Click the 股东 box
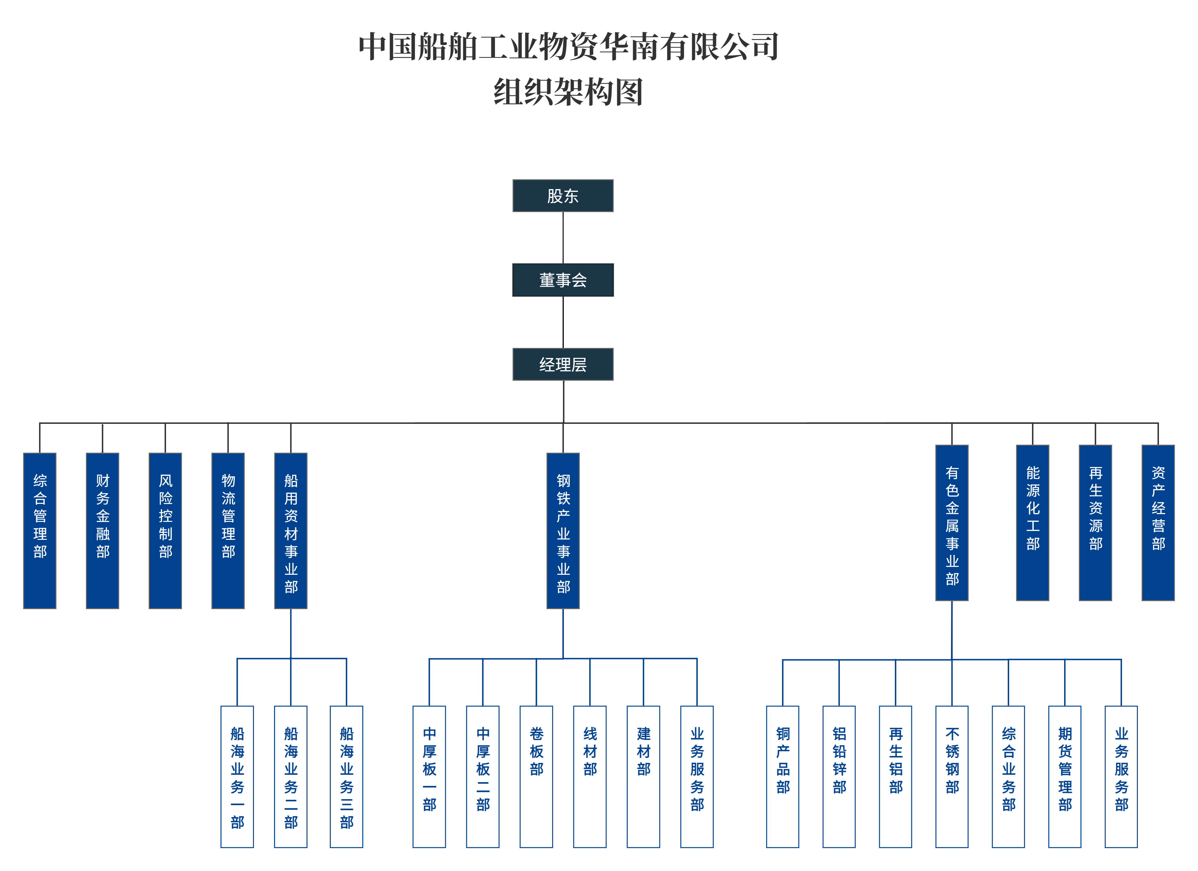click(x=563, y=196)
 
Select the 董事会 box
click(x=563, y=280)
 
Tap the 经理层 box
click(x=563, y=364)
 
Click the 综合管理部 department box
click(x=40, y=531)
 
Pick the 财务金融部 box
click(x=102, y=531)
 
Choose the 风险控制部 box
click(x=165, y=531)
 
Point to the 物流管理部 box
click(x=228, y=531)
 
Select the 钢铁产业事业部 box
click(x=563, y=531)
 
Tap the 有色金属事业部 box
click(x=952, y=523)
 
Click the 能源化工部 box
click(x=1033, y=523)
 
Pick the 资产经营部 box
click(x=1158, y=523)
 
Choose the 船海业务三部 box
click(x=347, y=777)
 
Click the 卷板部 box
click(x=536, y=777)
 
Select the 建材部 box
click(x=643, y=777)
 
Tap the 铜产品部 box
click(x=783, y=777)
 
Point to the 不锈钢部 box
click(x=952, y=777)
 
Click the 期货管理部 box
click(x=1065, y=777)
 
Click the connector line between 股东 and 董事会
click(x=563, y=238)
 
